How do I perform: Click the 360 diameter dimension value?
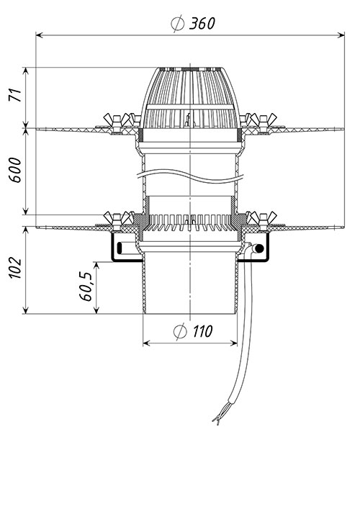point(202,24)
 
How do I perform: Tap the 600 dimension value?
point(15,170)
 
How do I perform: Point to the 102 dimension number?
point(15,268)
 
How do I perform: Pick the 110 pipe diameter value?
point(202,331)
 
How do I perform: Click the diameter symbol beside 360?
point(178,24)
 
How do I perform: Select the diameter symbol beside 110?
point(180,331)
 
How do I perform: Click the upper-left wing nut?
point(116,120)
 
